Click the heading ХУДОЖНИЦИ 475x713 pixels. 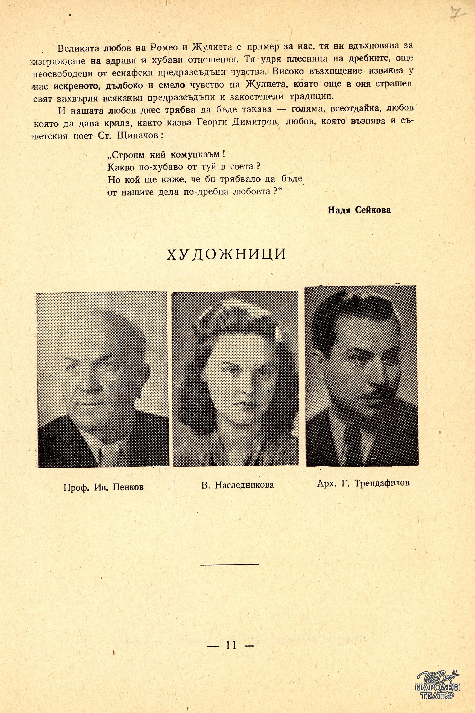tap(227, 255)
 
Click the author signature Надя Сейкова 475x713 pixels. tap(359, 210)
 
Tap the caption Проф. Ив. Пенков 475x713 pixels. tap(103, 487)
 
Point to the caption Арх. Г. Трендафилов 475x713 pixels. tap(363, 483)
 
